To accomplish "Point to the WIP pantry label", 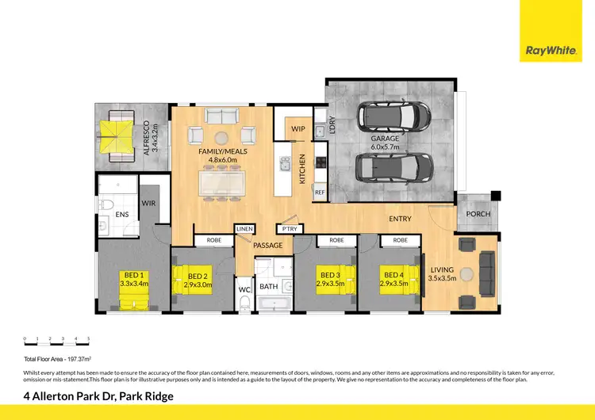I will pos(298,128).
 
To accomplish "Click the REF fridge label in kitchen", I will pos(320,192).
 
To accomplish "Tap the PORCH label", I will pos(478,214).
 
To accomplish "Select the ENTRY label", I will pos(399,219).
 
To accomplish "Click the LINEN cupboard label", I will pos(244,229).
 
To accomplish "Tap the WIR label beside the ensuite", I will pos(148,204).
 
